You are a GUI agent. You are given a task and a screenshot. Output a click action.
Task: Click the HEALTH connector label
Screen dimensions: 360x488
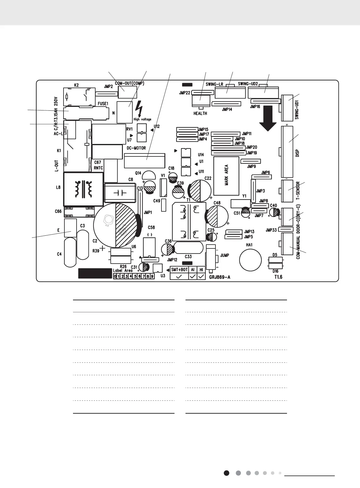[x=200, y=113]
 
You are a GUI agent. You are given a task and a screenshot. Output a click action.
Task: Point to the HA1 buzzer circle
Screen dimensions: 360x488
[x=250, y=260]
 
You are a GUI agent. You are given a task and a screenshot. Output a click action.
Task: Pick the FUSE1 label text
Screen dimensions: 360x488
[x=103, y=104]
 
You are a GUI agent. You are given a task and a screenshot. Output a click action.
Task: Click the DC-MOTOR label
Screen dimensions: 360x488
[x=136, y=148]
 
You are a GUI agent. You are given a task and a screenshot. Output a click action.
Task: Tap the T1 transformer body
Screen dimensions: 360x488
[x=189, y=221]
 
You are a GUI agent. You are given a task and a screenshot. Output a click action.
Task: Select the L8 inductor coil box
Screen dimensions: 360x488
[x=83, y=189]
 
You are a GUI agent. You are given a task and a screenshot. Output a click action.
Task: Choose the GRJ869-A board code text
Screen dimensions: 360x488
[x=220, y=277]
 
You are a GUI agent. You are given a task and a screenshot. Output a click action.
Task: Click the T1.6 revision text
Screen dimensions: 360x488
[x=278, y=277]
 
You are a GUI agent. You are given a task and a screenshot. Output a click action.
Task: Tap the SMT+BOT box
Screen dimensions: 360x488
[x=179, y=270]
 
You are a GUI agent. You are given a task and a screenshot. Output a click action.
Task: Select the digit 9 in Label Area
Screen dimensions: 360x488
[x=152, y=276]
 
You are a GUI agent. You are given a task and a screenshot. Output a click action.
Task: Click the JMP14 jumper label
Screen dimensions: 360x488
[x=227, y=110]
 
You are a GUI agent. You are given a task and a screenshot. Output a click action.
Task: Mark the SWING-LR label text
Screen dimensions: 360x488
[x=214, y=84]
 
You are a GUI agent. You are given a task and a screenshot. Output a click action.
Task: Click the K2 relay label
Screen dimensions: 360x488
[x=76, y=85]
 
